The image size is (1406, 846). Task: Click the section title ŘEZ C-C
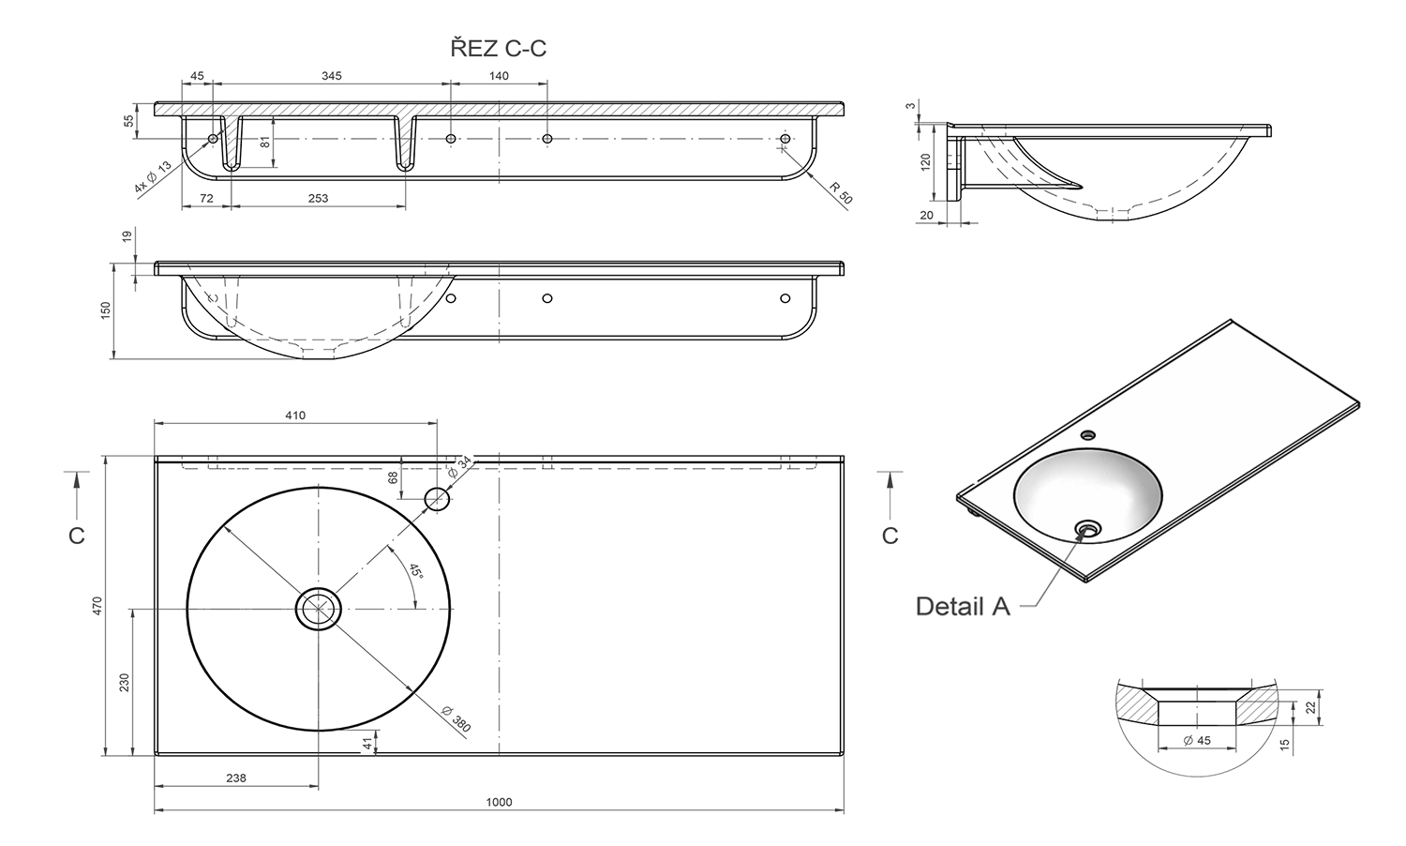point(498,49)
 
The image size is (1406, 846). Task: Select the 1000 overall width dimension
point(500,802)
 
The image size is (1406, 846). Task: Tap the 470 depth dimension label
point(97,607)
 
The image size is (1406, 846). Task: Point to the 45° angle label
point(414,572)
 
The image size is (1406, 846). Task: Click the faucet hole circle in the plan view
point(437,498)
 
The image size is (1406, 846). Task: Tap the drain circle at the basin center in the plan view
point(319,609)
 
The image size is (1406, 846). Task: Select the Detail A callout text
point(963,607)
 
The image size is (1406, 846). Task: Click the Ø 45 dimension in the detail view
point(1196,740)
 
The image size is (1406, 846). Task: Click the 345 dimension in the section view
point(331,76)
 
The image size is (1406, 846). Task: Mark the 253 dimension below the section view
point(318,199)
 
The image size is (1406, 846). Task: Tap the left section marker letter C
point(77,535)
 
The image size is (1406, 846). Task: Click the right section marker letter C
point(890,535)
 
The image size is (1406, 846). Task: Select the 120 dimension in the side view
point(926,162)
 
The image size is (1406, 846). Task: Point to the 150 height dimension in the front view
point(106,310)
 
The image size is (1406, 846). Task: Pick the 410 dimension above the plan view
point(295,415)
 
